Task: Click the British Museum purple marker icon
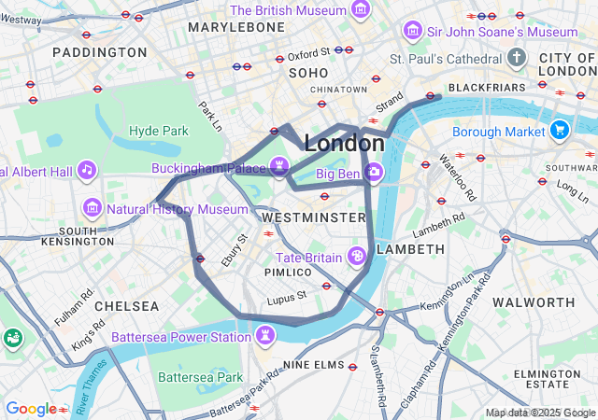359,10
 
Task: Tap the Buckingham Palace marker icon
278,167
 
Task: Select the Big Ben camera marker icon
374,172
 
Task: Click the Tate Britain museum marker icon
356,256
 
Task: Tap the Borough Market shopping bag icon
560,130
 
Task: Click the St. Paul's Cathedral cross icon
518,59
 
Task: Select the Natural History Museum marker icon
93,207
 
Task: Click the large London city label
344,144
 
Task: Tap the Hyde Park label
159,131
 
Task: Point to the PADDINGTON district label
100,52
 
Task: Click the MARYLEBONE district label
236,28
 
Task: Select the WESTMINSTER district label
308,217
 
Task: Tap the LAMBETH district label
410,249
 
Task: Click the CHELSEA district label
127,306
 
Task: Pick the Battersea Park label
200,377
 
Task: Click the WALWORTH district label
534,302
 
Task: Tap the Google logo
31,408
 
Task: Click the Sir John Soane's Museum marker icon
412,32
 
